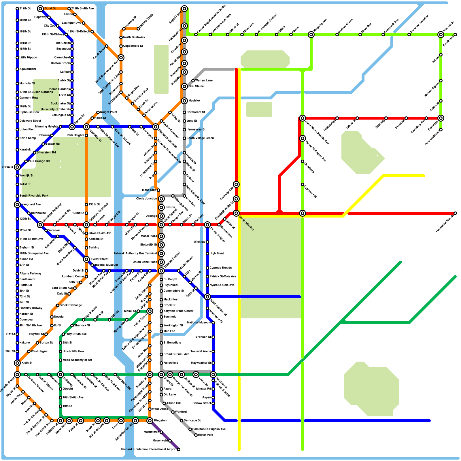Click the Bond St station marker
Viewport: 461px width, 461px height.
tap(40, 9)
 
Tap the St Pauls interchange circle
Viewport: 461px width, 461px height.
tap(17, 167)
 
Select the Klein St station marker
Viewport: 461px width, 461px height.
tap(17, 363)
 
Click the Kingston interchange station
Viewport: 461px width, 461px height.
tap(150, 421)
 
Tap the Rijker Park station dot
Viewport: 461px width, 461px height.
tap(196, 435)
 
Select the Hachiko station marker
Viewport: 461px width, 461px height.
tap(184, 101)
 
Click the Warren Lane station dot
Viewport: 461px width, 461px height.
tap(193, 81)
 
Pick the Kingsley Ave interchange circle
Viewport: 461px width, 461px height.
tap(311, 35)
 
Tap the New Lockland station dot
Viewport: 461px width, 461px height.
tap(441, 130)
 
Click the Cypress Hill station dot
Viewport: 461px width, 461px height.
tap(303, 184)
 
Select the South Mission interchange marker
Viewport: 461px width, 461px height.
tap(236, 213)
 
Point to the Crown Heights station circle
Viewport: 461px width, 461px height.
tap(207, 225)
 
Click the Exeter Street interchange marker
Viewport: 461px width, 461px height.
tap(86, 259)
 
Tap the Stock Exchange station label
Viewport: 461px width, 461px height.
tap(71, 305)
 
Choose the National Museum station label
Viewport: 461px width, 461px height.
tap(199, 323)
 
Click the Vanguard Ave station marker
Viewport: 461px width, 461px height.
tap(17, 205)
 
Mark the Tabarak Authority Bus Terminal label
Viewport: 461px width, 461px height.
tap(135, 254)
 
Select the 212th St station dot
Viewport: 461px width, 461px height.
tap(17, 9)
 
